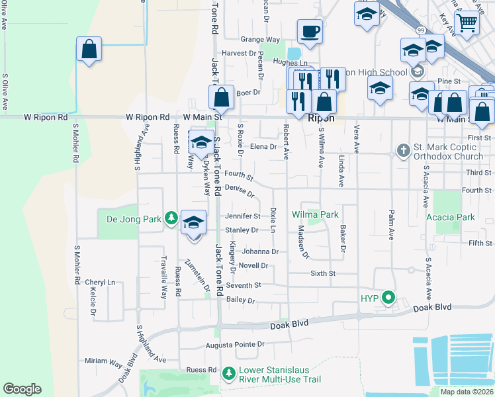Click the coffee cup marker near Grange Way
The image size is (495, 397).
[x=309, y=31]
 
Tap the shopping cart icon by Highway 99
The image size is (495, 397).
[x=468, y=24]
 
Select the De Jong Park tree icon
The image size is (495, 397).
[x=171, y=218]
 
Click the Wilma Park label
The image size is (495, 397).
[x=316, y=215]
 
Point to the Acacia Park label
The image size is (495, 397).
[x=452, y=217]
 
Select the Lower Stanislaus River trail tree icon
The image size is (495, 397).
[x=228, y=374]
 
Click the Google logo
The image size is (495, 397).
[x=22, y=389]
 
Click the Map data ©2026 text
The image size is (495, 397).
[x=467, y=392]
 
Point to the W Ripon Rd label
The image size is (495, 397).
[x=46, y=117]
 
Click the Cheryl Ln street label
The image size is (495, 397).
[x=100, y=282]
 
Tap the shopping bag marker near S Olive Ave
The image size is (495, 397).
[x=88, y=50]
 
